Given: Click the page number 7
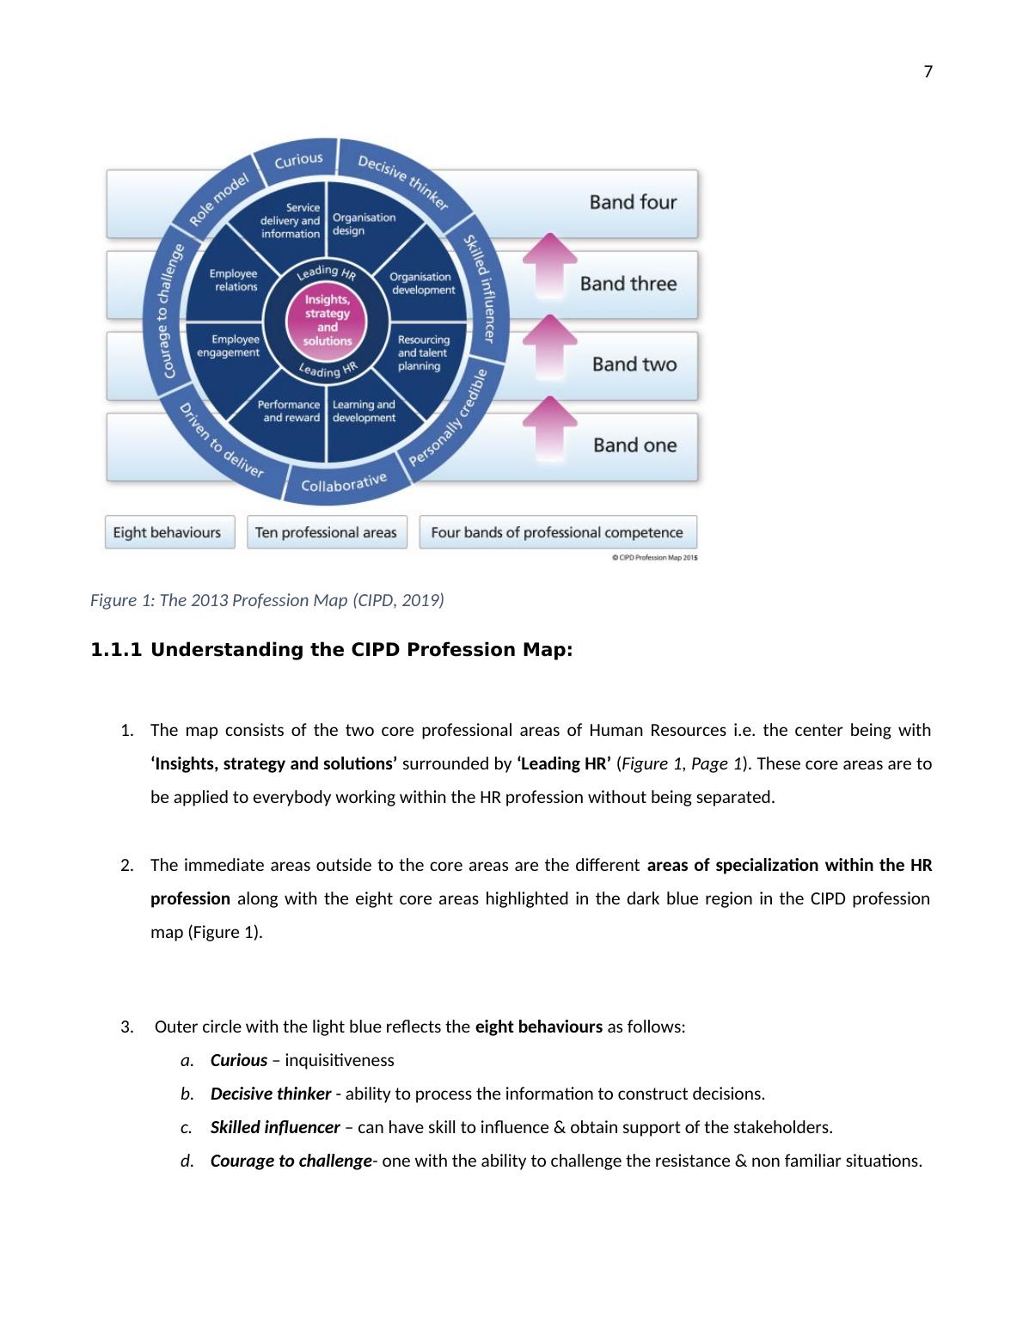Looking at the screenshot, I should [x=928, y=72].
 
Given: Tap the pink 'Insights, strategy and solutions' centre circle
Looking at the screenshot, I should [x=327, y=320].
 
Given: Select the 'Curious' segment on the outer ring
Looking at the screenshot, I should [x=298, y=161].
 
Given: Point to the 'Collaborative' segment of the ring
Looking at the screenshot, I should [x=343, y=483].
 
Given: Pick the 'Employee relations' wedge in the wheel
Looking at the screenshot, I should [x=233, y=280].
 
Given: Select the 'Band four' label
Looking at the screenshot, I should [x=633, y=202].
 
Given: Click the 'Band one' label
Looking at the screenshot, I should [x=634, y=445].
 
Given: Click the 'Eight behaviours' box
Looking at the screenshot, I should [x=168, y=532].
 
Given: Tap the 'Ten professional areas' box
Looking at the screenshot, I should [x=326, y=532].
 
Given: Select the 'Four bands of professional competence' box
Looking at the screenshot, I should [x=557, y=532].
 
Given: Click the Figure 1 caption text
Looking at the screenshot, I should [x=266, y=600].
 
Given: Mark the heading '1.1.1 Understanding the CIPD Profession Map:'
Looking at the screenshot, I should [x=331, y=650].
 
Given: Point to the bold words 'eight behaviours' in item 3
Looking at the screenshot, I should [x=538, y=1027].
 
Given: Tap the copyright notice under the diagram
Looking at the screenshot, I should [x=654, y=557].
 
